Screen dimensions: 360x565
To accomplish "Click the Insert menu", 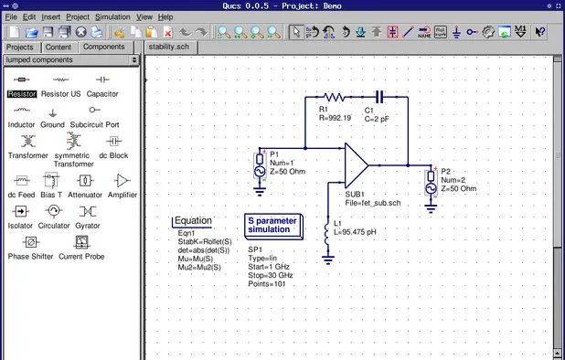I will (x=51, y=16).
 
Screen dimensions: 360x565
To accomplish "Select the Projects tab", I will (x=19, y=47).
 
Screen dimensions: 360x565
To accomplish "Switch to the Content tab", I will (x=59, y=47).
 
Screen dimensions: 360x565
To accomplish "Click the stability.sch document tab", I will (x=169, y=47).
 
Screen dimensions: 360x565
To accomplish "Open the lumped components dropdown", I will (x=71, y=59).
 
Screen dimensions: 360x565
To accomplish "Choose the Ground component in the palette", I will (x=52, y=113).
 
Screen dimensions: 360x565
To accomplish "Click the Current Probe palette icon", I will (x=83, y=243).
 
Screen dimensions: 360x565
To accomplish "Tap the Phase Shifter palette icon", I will (x=31, y=243).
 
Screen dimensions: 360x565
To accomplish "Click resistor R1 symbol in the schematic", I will (x=334, y=95).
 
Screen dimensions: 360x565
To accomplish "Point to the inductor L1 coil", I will (x=326, y=233).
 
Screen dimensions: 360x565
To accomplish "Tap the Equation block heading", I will (x=193, y=220).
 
